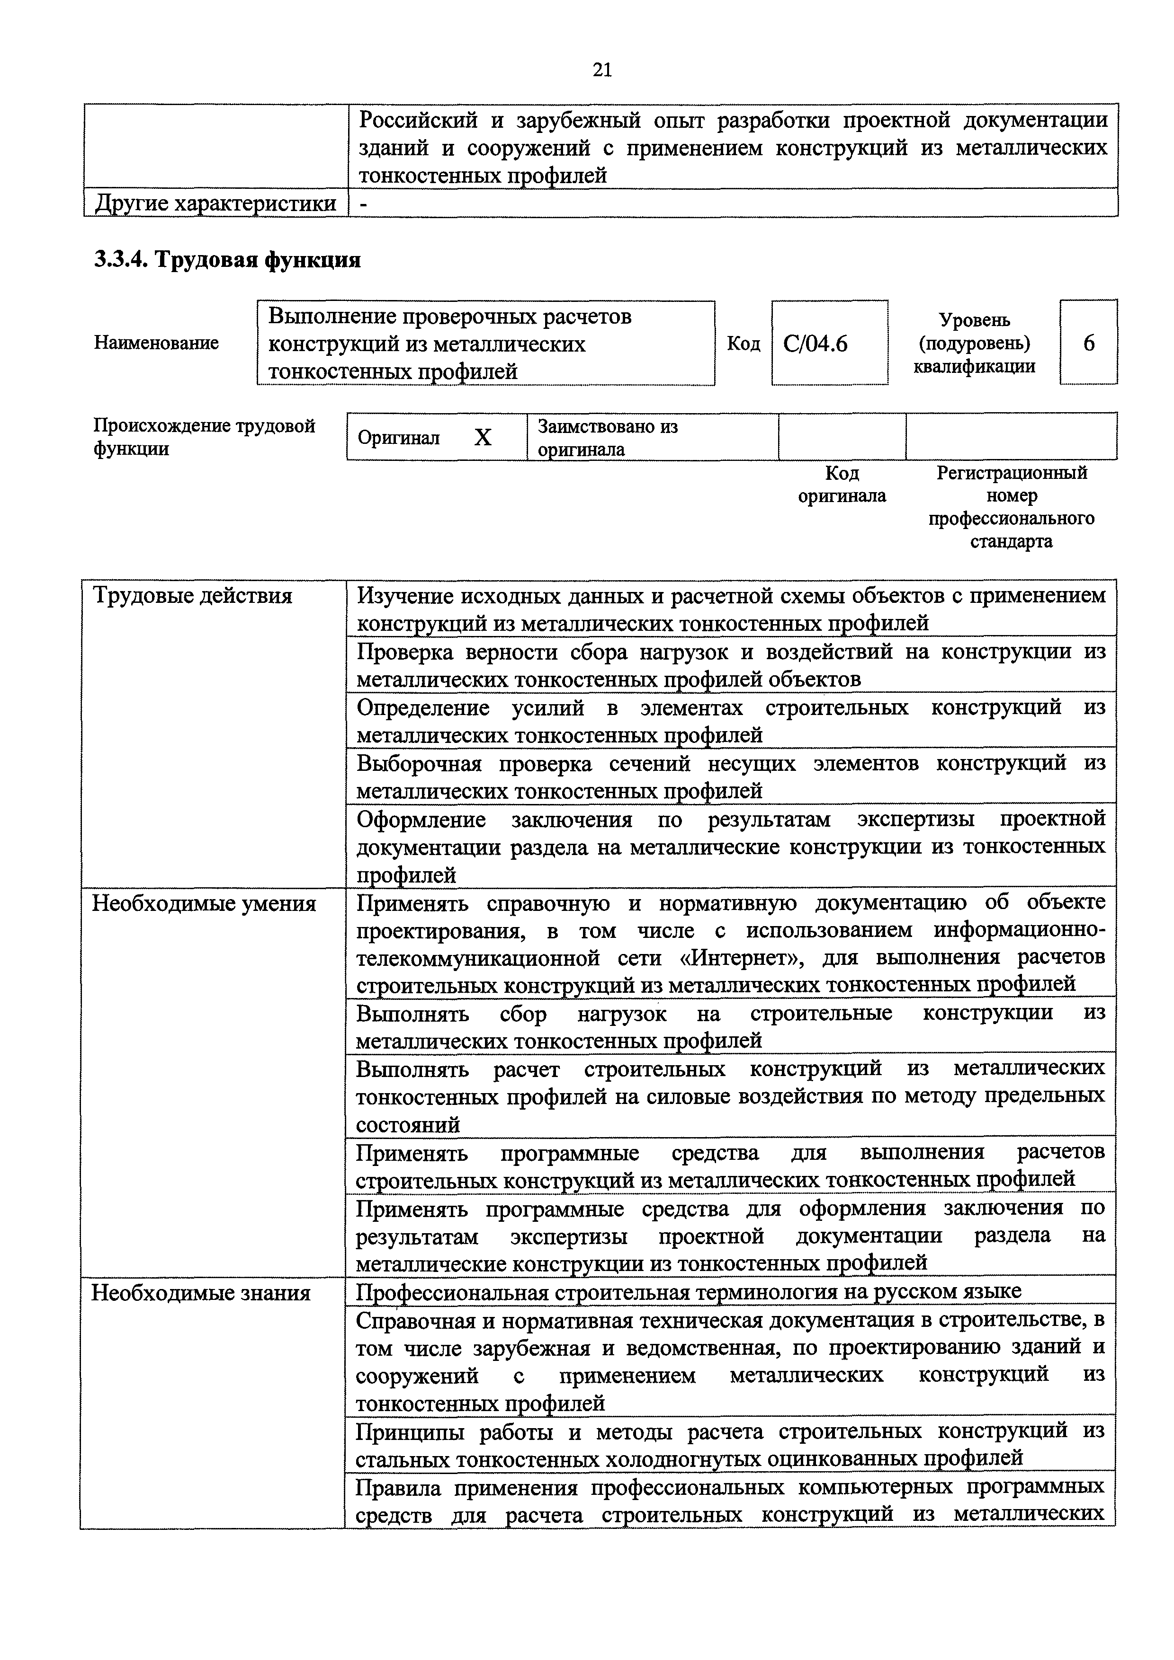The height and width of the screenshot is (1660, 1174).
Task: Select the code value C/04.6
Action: coord(815,344)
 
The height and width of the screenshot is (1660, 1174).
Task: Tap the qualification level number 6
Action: coord(1089,343)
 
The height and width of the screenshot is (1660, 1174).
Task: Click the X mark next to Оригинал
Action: coord(483,437)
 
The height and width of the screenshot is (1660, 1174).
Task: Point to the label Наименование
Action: coord(156,343)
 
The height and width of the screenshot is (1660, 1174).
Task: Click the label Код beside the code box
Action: coord(743,344)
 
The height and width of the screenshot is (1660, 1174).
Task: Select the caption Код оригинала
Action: coord(842,485)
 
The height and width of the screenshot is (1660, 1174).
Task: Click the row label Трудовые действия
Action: coord(192,596)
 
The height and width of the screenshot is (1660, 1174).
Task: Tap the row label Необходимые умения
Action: coord(204,904)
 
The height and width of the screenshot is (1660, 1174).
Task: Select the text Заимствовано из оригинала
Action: coord(608,437)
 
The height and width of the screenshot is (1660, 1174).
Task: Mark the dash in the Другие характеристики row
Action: coord(364,204)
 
